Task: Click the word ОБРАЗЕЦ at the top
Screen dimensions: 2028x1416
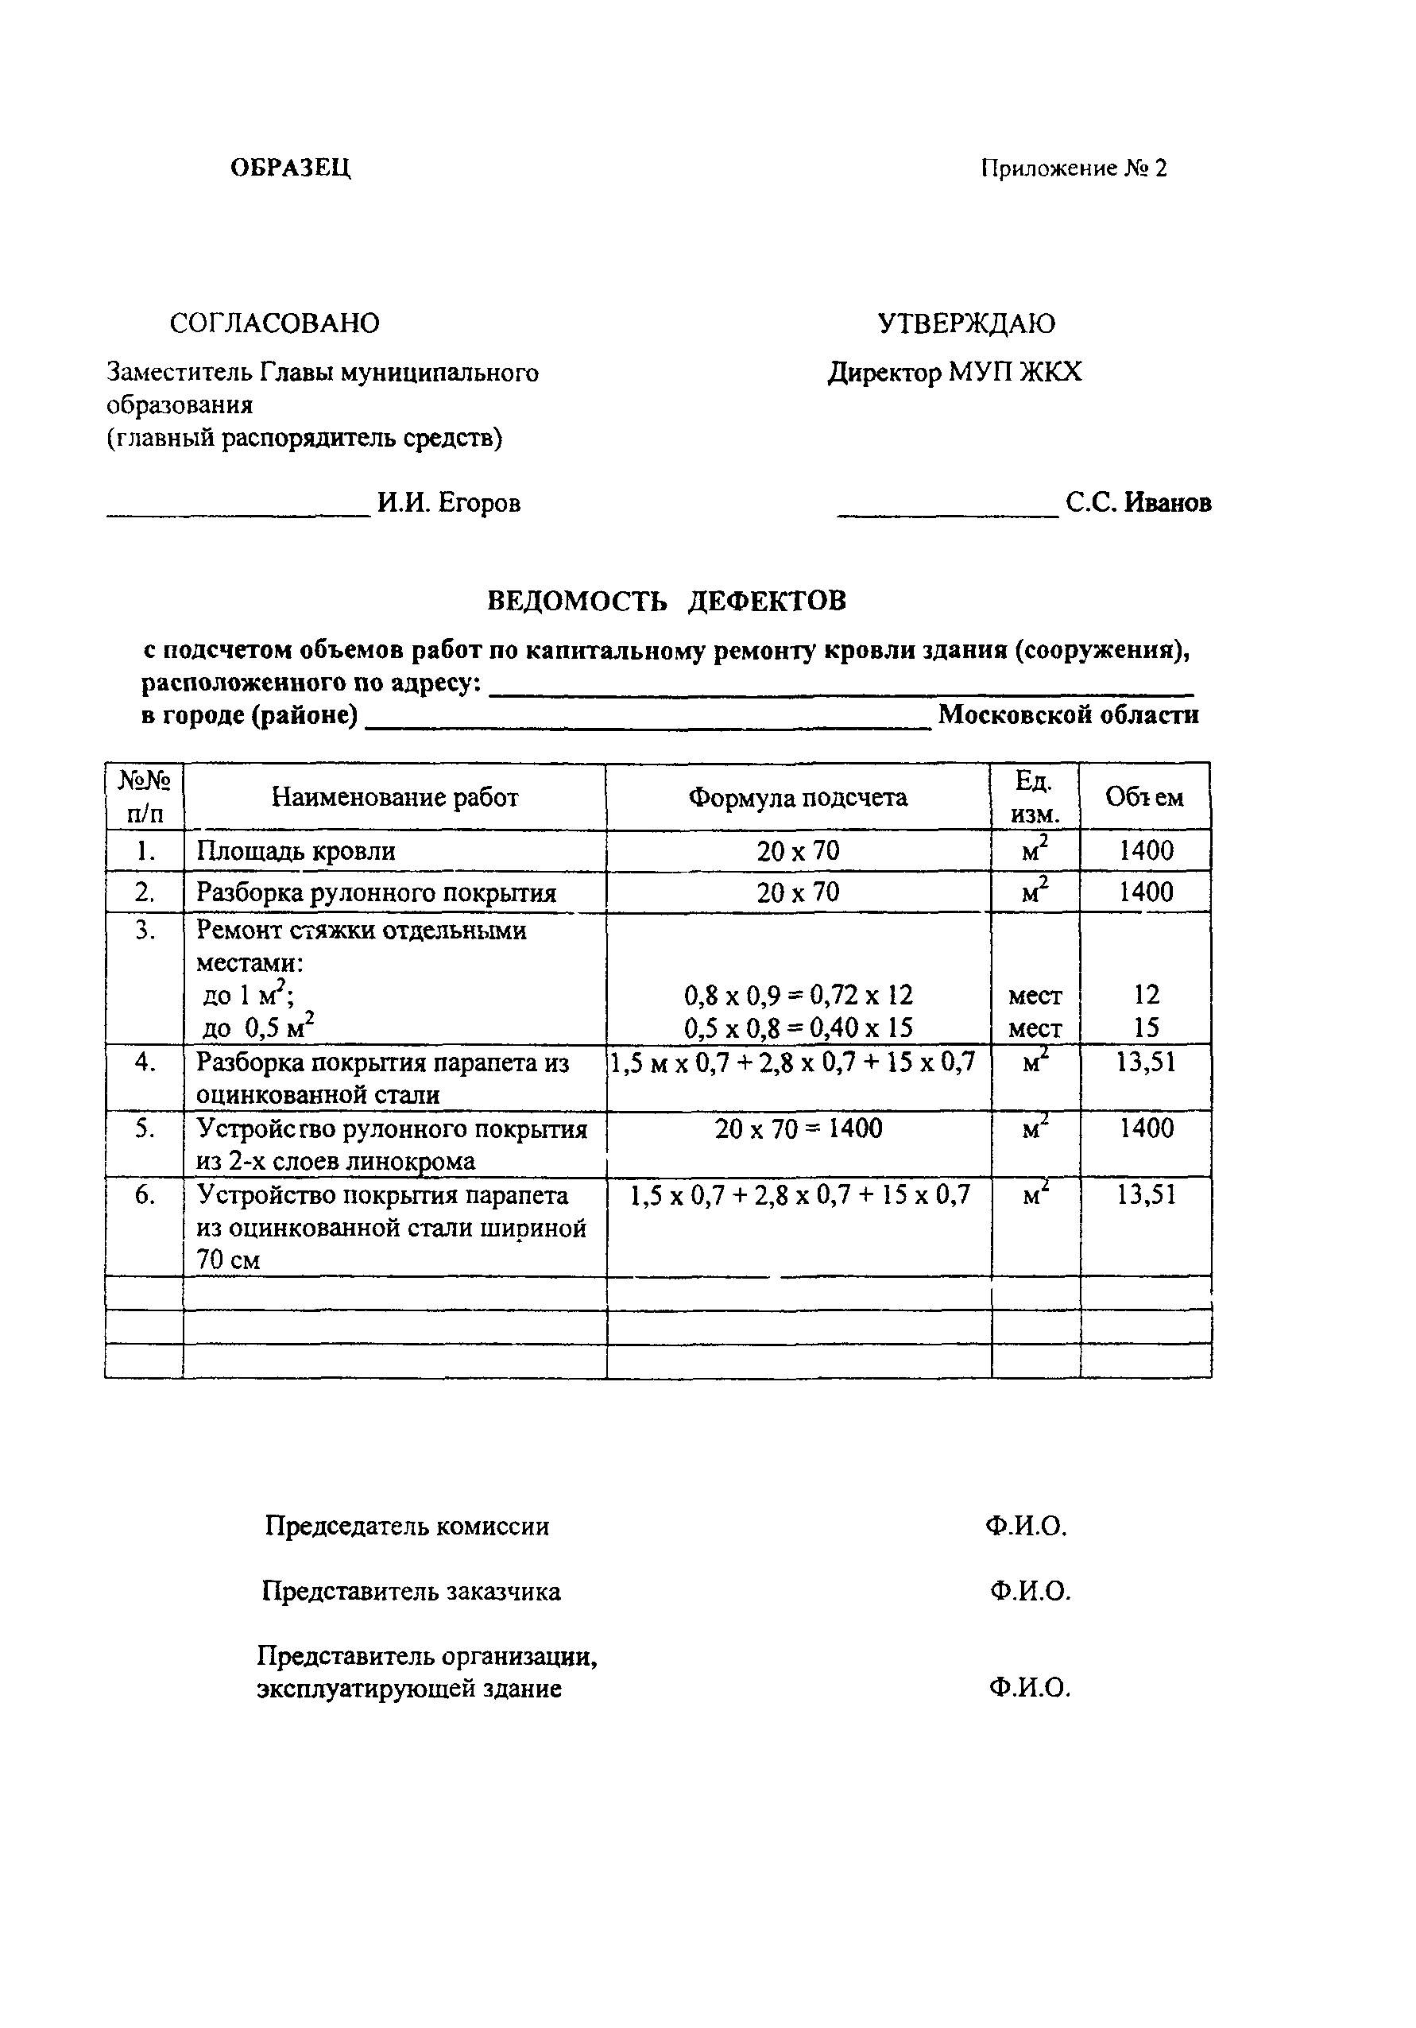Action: (291, 168)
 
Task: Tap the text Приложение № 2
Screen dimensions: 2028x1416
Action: (1074, 168)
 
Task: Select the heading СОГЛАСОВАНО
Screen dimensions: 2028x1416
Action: (274, 323)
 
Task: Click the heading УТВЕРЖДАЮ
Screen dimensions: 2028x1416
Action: (966, 323)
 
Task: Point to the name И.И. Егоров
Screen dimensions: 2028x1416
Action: (449, 502)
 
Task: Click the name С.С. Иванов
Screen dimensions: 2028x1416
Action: (1138, 502)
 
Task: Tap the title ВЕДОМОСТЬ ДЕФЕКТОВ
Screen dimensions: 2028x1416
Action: (667, 601)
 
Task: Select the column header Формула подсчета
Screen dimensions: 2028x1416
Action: (798, 798)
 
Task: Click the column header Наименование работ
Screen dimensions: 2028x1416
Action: (394, 798)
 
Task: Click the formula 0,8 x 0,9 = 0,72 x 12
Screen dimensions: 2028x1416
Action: (798, 996)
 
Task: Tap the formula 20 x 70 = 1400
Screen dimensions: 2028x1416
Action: (798, 1128)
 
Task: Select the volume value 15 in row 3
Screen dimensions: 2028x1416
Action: (1146, 1028)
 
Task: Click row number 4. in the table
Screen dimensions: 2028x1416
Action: (145, 1062)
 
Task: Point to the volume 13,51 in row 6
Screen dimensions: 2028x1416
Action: (1146, 1195)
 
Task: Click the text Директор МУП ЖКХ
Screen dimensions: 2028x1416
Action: (954, 373)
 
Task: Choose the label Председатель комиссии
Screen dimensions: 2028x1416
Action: (406, 1526)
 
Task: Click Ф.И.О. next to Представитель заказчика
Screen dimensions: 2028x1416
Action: (1030, 1591)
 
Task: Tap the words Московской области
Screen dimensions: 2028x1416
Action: (1068, 714)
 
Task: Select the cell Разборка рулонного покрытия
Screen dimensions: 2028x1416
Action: (377, 892)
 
